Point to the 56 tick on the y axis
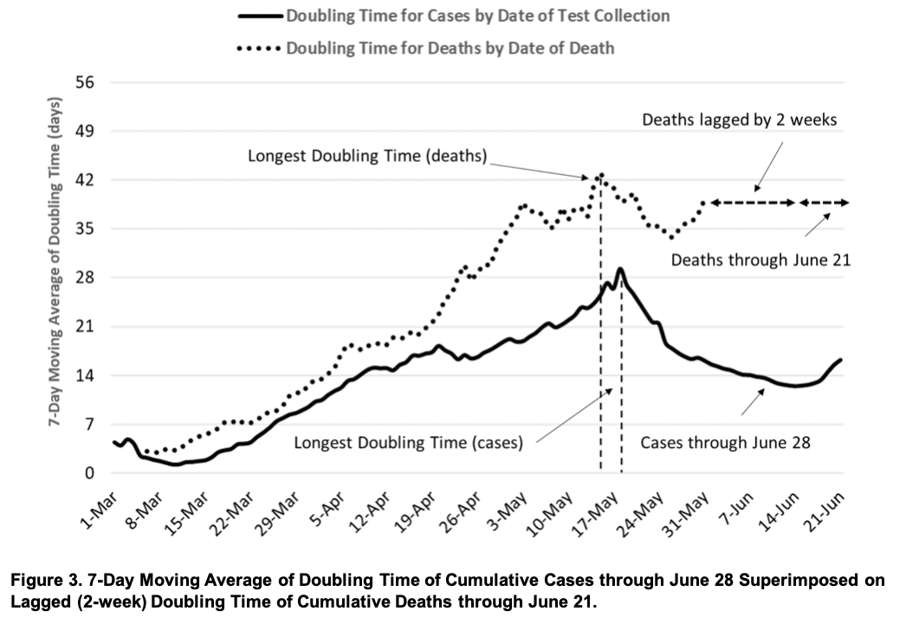click(88, 83)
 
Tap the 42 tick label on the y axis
click(88, 180)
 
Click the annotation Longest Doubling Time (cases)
click(409, 442)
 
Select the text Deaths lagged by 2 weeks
click(739, 120)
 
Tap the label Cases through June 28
click(725, 442)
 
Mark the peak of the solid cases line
click(620, 269)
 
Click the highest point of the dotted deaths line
click(600, 174)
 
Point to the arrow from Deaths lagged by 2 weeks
click(769, 165)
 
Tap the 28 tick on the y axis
click(88, 278)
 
